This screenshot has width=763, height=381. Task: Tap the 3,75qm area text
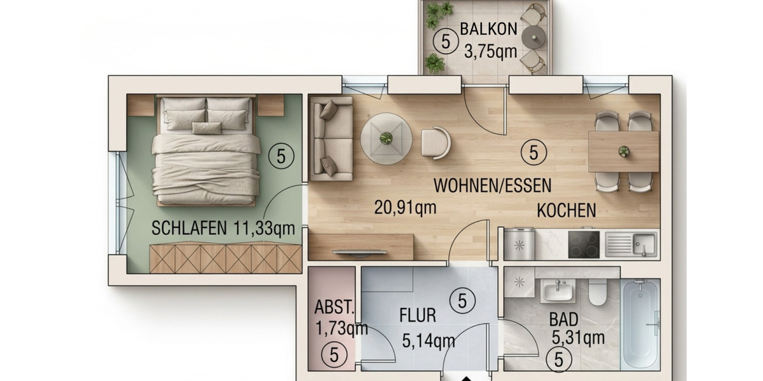tap(490, 51)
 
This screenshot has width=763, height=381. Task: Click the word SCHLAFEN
tap(189, 229)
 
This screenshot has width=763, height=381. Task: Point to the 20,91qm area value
tap(405, 208)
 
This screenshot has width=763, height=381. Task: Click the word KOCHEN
tap(567, 210)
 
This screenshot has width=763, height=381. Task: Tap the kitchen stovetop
tap(583, 244)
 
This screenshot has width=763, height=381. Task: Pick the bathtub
tap(640, 323)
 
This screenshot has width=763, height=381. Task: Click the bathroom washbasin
tap(558, 292)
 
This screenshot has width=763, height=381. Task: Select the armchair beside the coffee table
tap(436, 142)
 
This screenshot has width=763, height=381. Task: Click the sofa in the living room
tap(331, 139)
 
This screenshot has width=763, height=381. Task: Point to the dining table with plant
tap(624, 151)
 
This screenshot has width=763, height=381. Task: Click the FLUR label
tap(417, 315)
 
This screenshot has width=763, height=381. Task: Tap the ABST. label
tap(334, 307)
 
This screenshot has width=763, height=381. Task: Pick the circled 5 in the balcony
tap(445, 41)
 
